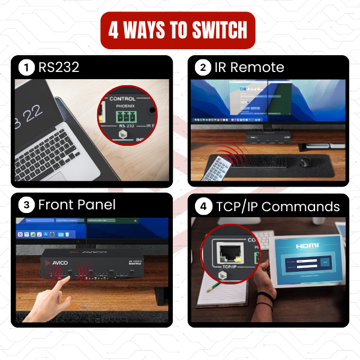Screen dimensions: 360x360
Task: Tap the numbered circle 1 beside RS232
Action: [26, 68]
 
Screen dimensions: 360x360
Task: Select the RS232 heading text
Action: [58, 68]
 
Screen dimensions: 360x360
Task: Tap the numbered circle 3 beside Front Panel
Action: [26, 205]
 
